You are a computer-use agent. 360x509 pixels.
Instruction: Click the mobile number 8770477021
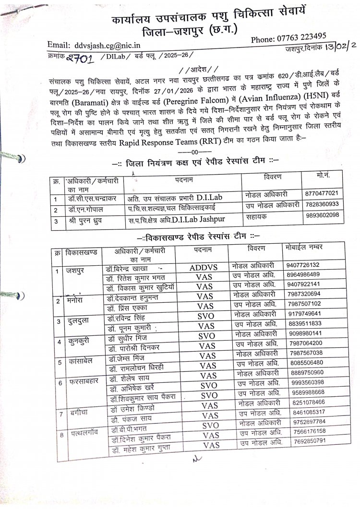[x=324, y=193]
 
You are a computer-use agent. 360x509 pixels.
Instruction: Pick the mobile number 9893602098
[x=324, y=215]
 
